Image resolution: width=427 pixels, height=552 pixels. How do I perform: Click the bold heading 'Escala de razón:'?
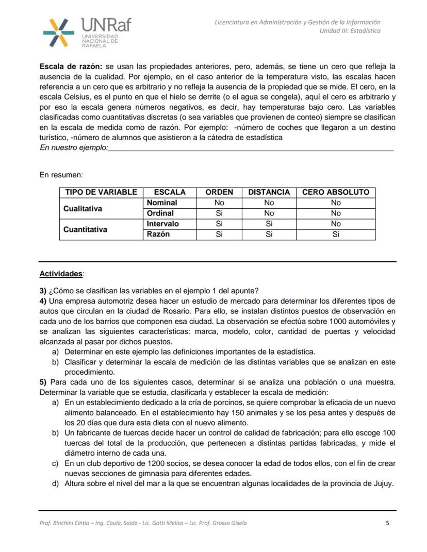click(71, 66)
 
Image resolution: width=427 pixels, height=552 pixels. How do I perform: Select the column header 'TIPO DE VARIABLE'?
click(101, 192)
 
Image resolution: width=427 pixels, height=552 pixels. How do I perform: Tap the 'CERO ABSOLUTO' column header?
click(336, 192)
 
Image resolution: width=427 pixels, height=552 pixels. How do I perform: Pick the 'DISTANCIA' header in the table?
click(269, 192)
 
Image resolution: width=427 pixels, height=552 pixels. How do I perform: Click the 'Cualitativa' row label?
click(83, 208)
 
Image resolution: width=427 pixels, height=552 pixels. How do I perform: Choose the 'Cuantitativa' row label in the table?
click(85, 229)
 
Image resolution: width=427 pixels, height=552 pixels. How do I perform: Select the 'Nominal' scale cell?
click(162, 203)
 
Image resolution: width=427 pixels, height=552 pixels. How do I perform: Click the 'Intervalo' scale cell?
click(163, 224)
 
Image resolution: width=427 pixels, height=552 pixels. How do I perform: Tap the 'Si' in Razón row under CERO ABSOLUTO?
click(336, 235)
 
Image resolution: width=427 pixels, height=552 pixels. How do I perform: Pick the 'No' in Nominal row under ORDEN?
click(219, 203)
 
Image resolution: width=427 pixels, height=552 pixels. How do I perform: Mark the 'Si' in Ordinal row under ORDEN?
click(219, 213)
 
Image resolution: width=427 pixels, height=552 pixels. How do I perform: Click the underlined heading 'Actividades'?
click(61, 274)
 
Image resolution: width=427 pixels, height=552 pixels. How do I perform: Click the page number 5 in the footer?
click(387, 523)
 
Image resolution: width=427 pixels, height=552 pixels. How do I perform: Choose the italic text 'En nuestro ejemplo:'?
click(74, 148)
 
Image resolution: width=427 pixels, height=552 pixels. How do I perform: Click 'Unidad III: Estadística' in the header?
click(350, 31)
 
